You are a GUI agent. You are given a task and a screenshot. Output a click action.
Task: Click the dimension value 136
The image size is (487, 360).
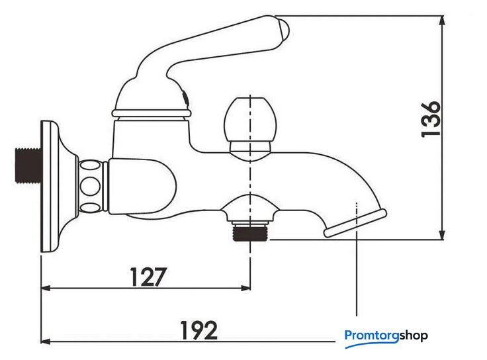431,119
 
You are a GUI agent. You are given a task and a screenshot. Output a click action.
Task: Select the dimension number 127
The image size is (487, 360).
148,277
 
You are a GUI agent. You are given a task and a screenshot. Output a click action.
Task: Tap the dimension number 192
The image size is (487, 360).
199,330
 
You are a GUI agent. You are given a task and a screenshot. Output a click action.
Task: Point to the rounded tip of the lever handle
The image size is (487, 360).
284,31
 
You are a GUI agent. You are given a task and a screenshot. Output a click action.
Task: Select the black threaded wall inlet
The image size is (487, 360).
28,165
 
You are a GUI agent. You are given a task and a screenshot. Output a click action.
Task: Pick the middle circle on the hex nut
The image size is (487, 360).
90,186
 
